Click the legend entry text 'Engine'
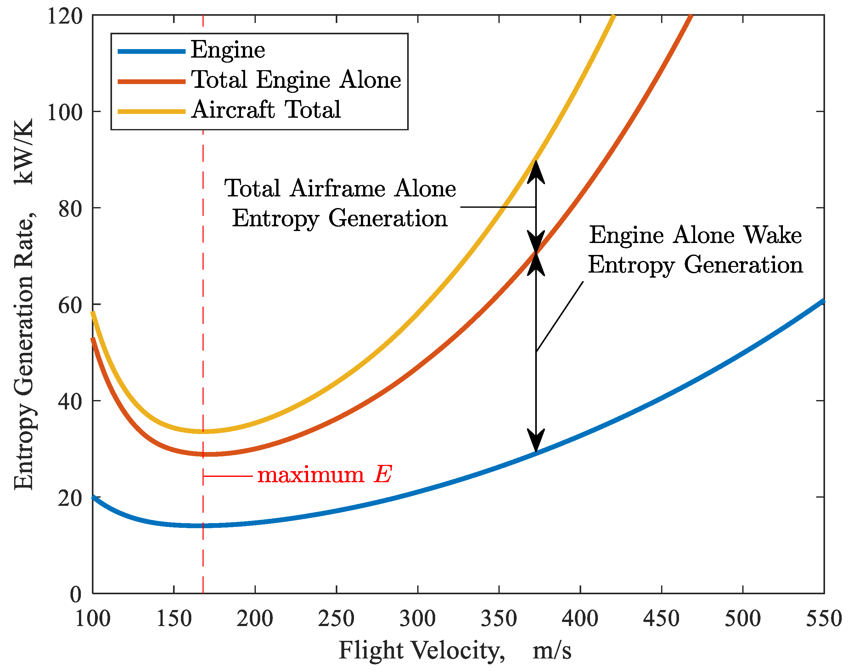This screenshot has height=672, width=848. (228, 50)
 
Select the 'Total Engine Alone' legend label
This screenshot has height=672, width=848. (296, 80)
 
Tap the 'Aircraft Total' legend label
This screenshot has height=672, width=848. (266, 110)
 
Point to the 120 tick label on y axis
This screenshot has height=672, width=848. (65, 16)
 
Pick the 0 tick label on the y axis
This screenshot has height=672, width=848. (76, 595)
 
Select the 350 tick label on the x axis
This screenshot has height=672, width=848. (499, 619)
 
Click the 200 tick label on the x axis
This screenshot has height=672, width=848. (255, 619)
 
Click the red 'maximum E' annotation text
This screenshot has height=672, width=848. (324, 475)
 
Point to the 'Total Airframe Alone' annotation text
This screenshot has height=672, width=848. (340, 189)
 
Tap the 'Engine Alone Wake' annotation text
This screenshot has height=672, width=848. (695, 235)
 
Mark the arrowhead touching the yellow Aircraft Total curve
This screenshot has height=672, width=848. (536, 170)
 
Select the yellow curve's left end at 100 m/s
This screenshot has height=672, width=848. (93, 313)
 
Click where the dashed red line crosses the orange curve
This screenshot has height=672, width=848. (203, 454)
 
